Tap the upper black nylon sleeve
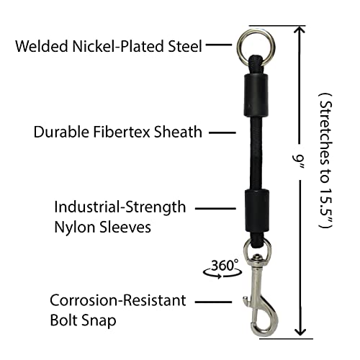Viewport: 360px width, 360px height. click(x=256, y=95)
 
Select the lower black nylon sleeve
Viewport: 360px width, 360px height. click(x=257, y=211)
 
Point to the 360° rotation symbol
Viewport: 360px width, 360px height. click(x=222, y=269)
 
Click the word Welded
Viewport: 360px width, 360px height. click(x=42, y=46)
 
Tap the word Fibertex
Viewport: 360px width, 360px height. click(x=122, y=132)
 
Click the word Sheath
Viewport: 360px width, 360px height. click(x=178, y=132)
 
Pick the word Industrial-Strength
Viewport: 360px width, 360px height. click(x=120, y=208)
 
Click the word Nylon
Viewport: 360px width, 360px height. click(x=75, y=227)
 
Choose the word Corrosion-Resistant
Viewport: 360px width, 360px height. click(x=118, y=300)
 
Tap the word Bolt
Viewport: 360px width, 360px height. click(x=64, y=320)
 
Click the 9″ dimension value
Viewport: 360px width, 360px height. click(x=298, y=162)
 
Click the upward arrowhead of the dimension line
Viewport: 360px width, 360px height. click(x=299, y=30)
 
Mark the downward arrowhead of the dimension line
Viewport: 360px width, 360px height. click(x=300, y=332)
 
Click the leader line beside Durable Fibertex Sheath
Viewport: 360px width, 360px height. click(x=222, y=132)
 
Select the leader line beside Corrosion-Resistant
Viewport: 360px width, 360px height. click(x=213, y=302)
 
